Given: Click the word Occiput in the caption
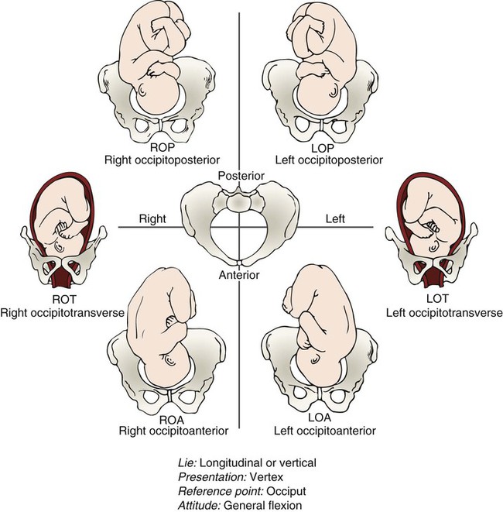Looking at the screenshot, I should (x=288, y=487).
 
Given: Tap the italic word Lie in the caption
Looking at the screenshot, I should (x=186, y=462).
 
